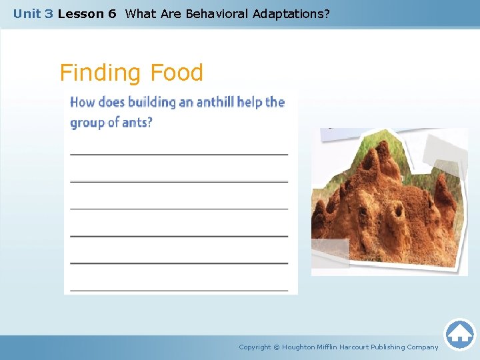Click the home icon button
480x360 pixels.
(x=459, y=335)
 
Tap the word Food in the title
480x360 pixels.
(x=177, y=73)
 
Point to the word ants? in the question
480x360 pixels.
(x=137, y=123)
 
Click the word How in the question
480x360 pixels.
(x=83, y=102)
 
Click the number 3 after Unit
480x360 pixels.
(x=49, y=13)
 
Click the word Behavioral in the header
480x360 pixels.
(x=217, y=13)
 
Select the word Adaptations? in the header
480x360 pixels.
(x=291, y=13)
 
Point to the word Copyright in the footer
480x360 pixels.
(x=255, y=347)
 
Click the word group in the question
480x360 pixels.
(x=87, y=123)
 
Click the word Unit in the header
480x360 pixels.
(x=27, y=13)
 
